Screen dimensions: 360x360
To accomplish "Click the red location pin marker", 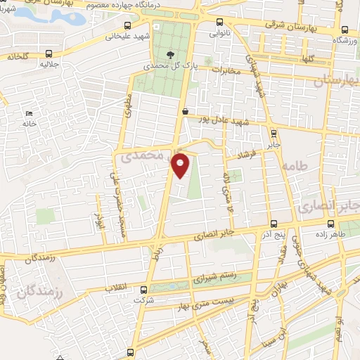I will pyautogui.click(x=181, y=165).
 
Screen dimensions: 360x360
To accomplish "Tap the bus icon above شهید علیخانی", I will pyautogui.click(x=129, y=22).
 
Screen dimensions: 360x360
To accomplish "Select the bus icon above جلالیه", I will pyautogui.click(x=49, y=53).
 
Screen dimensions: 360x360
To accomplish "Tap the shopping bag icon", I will pyautogui.click(x=185, y=110).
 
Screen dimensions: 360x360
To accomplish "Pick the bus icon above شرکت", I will pyautogui.click(x=143, y=290).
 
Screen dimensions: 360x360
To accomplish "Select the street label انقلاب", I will pyautogui.click(x=114, y=288).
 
